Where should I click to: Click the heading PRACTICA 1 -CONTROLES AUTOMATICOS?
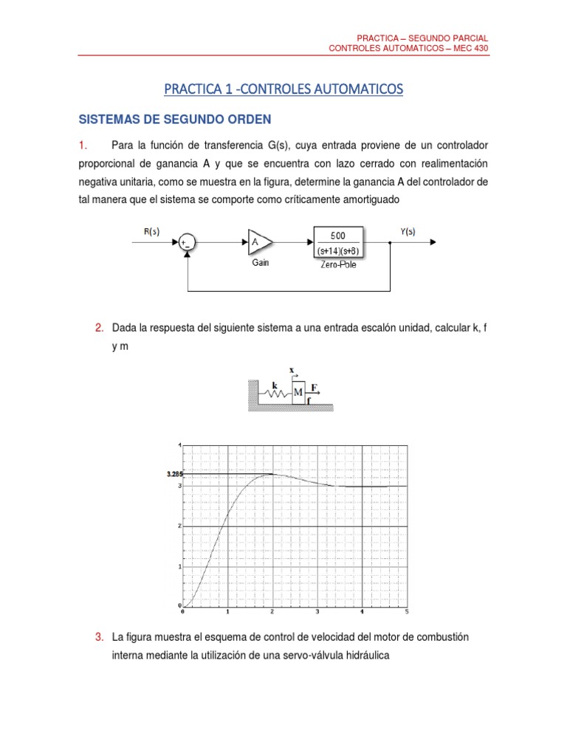click(x=283, y=89)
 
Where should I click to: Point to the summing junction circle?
click(x=187, y=241)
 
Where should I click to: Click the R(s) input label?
click(x=151, y=232)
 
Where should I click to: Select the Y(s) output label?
click(x=408, y=231)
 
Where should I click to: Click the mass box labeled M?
click(x=298, y=391)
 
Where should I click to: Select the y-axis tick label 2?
click(x=178, y=526)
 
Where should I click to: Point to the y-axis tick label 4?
click(x=178, y=445)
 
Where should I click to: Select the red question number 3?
click(x=99, y=636)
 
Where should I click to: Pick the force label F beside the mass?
click(x=315, y=387)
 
